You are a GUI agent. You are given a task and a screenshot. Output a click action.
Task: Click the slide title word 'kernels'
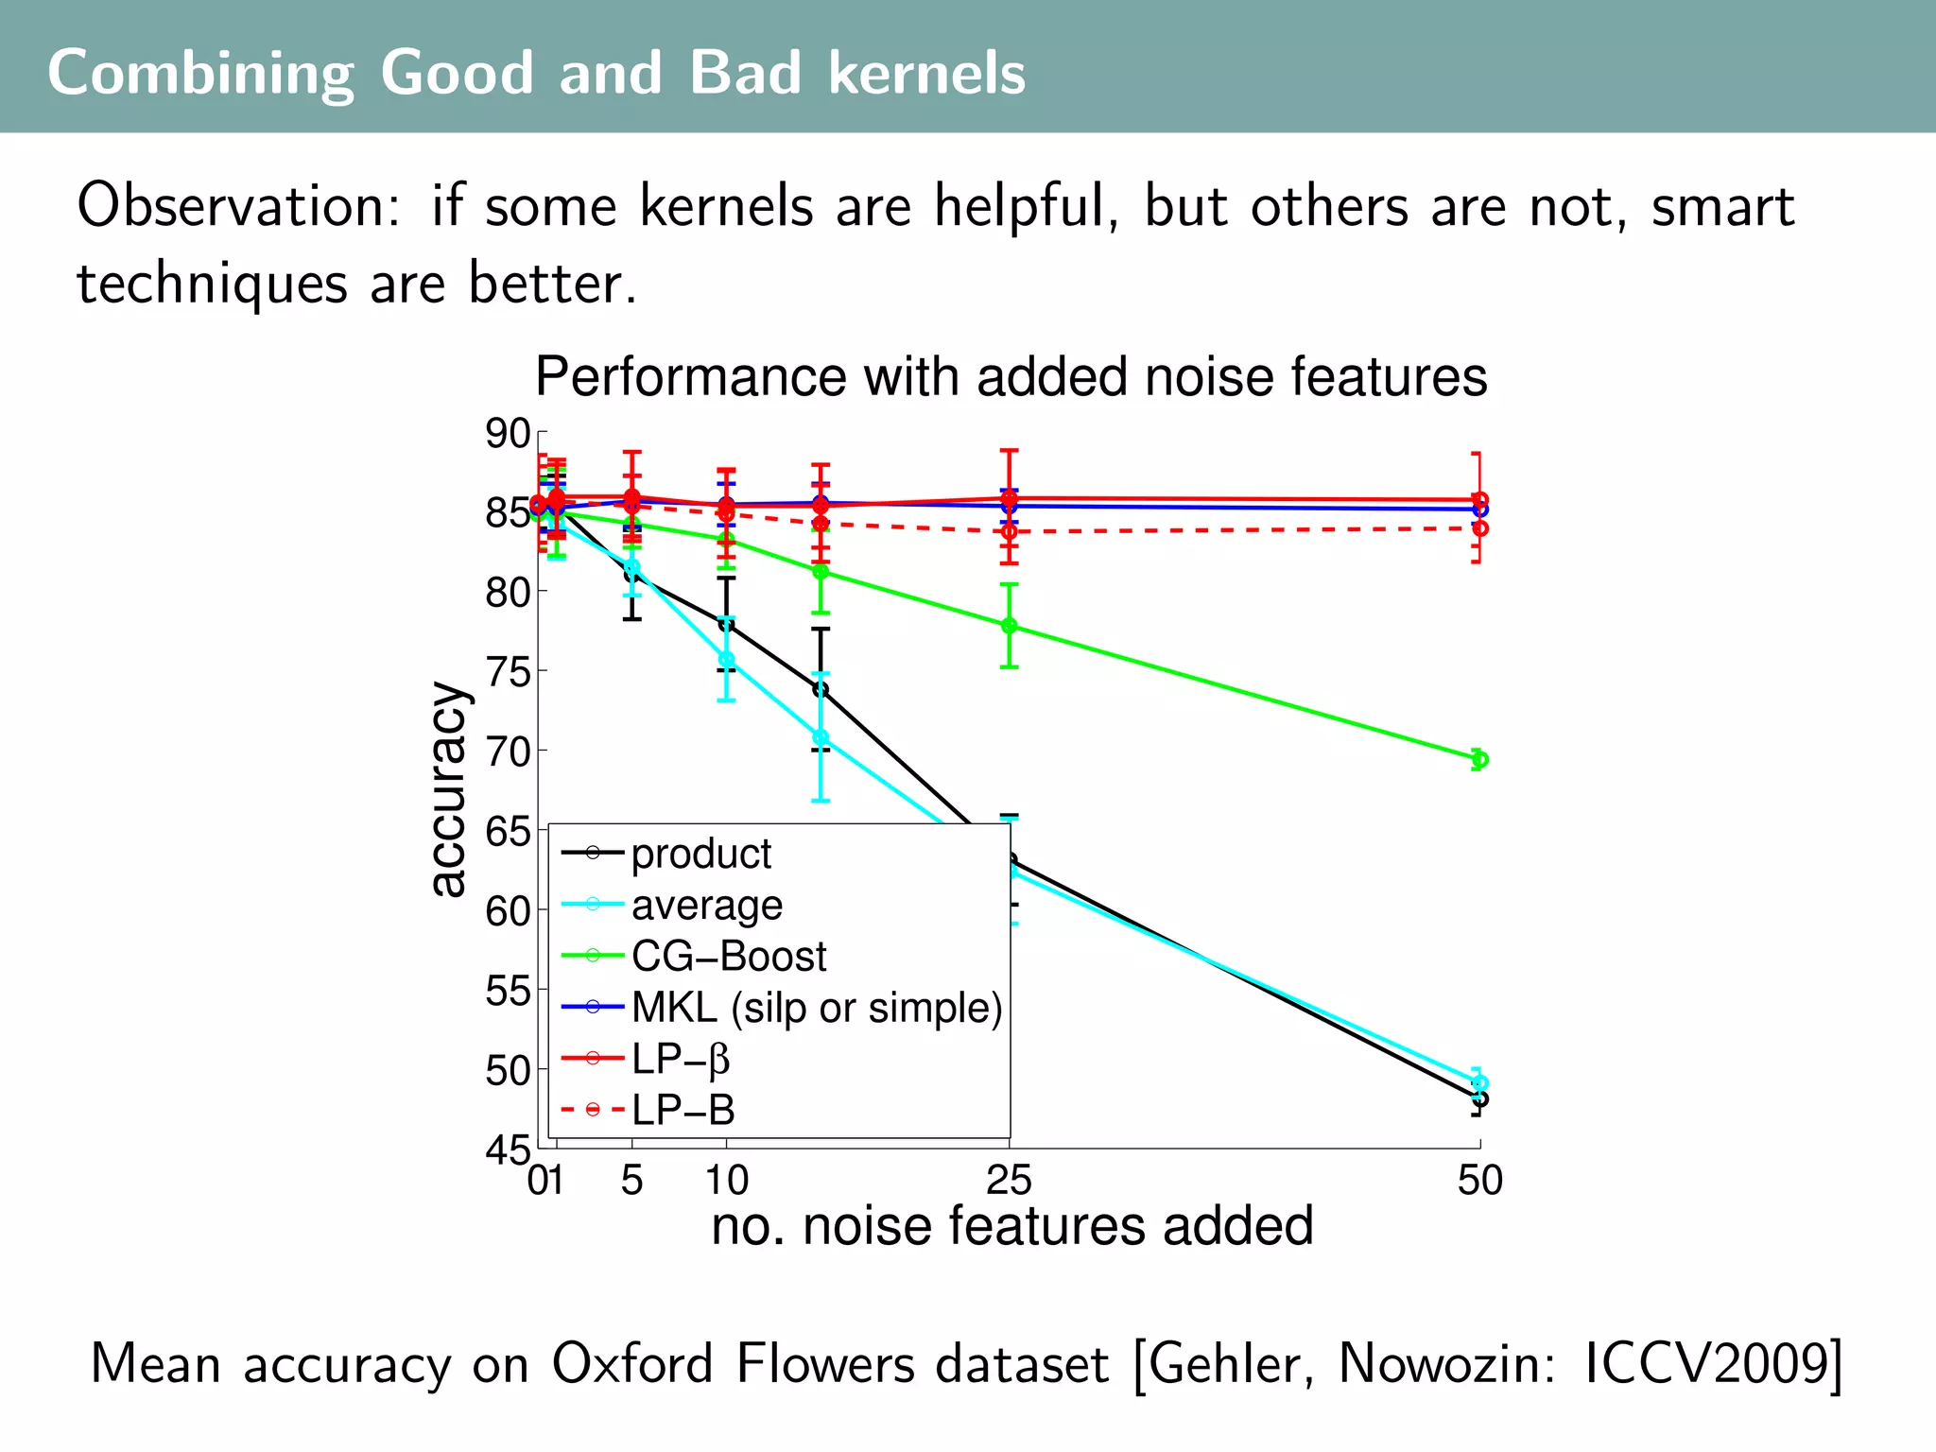(926, 73)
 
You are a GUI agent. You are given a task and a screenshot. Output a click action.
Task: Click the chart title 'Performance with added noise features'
(1011, 376)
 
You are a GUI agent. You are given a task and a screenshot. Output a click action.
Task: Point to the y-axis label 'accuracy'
(448, 789)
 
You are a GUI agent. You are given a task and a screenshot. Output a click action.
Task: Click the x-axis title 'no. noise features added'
(1011, 1226)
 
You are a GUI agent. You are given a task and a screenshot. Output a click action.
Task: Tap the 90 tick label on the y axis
(508, 434)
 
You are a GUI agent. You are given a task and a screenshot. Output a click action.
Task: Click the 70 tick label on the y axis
(508, 752)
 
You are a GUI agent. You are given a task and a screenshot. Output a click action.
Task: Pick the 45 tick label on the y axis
(508, 1150)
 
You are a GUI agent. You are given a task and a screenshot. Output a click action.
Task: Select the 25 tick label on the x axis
(1009, 1181)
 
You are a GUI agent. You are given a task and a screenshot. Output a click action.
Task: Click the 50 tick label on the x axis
(1479, 1181)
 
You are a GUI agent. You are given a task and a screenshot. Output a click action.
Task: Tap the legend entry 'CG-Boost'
(728, 956)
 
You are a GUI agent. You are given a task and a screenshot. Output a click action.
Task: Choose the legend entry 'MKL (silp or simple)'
(816, 1008)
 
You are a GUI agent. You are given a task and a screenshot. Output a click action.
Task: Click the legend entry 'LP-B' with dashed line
(683, 1110)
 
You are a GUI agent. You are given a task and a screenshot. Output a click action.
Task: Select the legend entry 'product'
(700, 854)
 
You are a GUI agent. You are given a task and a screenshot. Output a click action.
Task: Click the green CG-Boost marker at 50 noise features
(1479, 759)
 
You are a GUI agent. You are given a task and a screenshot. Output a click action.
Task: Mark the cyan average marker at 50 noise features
(1479, 1083)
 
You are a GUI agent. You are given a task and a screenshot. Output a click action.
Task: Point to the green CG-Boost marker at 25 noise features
(1009, 626)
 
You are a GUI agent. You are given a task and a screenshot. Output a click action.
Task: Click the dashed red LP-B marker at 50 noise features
(1479, 528)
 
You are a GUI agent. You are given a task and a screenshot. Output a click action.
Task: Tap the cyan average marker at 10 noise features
(726, 659)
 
